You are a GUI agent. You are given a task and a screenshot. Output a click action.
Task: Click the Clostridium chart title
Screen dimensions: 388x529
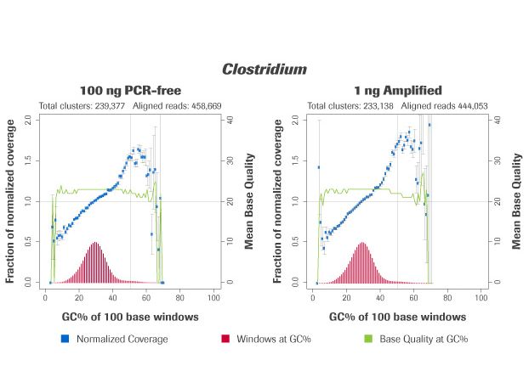tap(264, 69)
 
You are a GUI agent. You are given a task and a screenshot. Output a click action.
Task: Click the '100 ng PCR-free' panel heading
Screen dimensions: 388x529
tap(130, 90)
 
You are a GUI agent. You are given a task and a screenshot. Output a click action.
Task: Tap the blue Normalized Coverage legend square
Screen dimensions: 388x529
tap(65, 340)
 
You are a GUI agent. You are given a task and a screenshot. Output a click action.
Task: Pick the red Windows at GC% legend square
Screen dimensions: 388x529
tap(225, 340)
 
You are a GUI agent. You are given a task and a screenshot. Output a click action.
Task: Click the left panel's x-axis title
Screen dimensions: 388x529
tap(130, 317)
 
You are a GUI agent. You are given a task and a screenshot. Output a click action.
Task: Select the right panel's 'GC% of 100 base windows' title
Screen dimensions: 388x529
tap(397, 317)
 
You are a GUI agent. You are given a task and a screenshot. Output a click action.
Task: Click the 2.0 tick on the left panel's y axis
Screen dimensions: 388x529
tap(28, 120)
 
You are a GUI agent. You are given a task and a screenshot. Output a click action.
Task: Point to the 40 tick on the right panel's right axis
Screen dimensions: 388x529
tap(495, 120)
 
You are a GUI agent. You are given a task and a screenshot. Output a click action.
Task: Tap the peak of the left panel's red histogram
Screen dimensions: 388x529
tap(95, 244)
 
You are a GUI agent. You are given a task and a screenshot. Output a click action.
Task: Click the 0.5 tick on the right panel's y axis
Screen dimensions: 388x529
tap(295, 241)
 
